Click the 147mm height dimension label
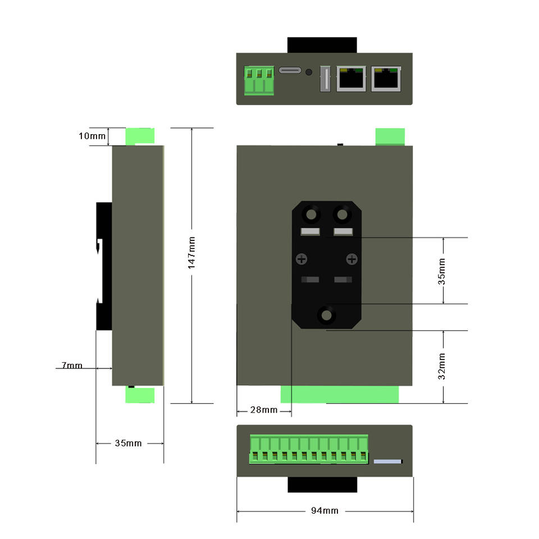click(x=191, y=253)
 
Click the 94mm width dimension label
click(x=325, y=511)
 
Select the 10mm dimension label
click(x=92, y=136)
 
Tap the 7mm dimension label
click(x=72, y=366)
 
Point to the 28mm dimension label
click(x=263, y=410)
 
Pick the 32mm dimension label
click(x=442, y=366)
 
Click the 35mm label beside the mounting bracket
click(x=442, y=271)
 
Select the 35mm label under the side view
click(x=128, y=443)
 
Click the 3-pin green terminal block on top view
click(x=259, y=80)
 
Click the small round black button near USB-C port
click(x=308, y=72)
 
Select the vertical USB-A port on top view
click(x=324, y=79)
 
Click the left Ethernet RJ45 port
click(x=351, y=79)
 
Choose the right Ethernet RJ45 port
click(x=386, y=79)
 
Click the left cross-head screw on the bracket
click(x=302, y=259)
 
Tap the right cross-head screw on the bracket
click(x=351, y=259)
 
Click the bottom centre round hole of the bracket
click(x=326, y=316)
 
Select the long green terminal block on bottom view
click(x=308, y=450)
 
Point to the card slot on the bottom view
click(x=389, y=462)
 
